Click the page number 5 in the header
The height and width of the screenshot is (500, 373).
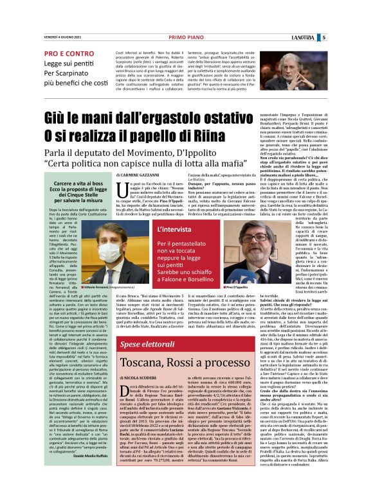[x=360, y=38]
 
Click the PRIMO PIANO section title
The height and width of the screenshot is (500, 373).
[x=186, y=38]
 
